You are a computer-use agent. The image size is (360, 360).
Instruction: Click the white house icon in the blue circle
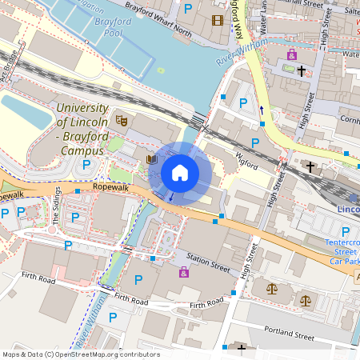[180, 172]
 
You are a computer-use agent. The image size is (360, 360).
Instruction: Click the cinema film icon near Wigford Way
[218, 20]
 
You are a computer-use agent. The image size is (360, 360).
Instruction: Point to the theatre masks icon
[122, 121]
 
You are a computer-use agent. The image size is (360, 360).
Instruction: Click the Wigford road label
[246, 159]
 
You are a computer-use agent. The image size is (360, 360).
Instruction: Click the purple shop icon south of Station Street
[184, 273]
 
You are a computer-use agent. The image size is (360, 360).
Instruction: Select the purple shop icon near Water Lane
[292, 54]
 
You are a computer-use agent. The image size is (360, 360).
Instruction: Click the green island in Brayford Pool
[160, 70]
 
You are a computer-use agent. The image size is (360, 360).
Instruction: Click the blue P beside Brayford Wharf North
[188, 8]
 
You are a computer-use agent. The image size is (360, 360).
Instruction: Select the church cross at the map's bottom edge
[242, 350]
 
